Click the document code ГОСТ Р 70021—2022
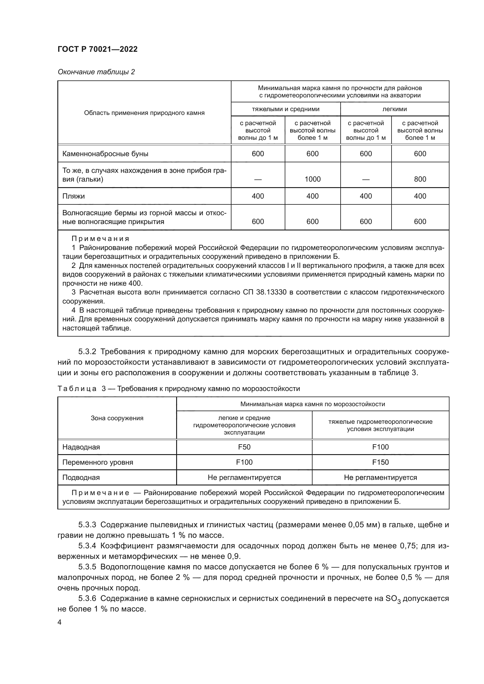coord(97,49)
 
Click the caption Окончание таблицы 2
coord(96,72)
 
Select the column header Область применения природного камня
coord(144,113)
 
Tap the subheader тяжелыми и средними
coord(286,109)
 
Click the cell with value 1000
coord(312,179)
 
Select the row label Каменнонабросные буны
coord(105,154)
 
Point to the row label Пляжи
coord(74,196)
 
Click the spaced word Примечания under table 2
coord(100,239)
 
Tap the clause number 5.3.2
coord(87,352)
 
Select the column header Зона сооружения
coord(117,418)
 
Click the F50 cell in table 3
coord(244,447)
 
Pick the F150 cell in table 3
coord(380,462)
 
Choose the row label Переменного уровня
coord(97,462)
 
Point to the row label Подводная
coord(81,478)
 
